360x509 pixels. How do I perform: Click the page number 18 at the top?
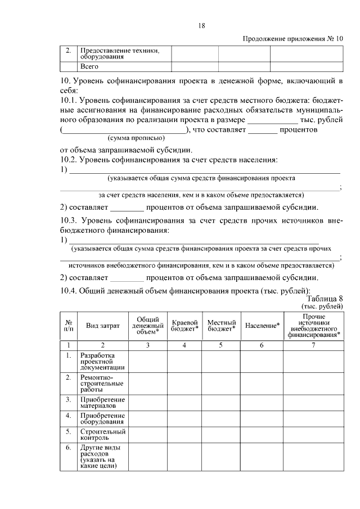click(x=201, y=25)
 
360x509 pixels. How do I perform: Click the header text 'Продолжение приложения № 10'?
click(x=292, y=39)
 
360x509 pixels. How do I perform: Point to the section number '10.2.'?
click(x=69, y=160)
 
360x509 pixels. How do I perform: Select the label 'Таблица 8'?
click(x=325, y=299)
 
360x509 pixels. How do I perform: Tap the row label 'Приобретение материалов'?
click(x=102, y=402)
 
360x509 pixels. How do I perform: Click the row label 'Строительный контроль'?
click(x=102, y=434)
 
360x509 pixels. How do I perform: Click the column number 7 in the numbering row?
click(x=313, y=345)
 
